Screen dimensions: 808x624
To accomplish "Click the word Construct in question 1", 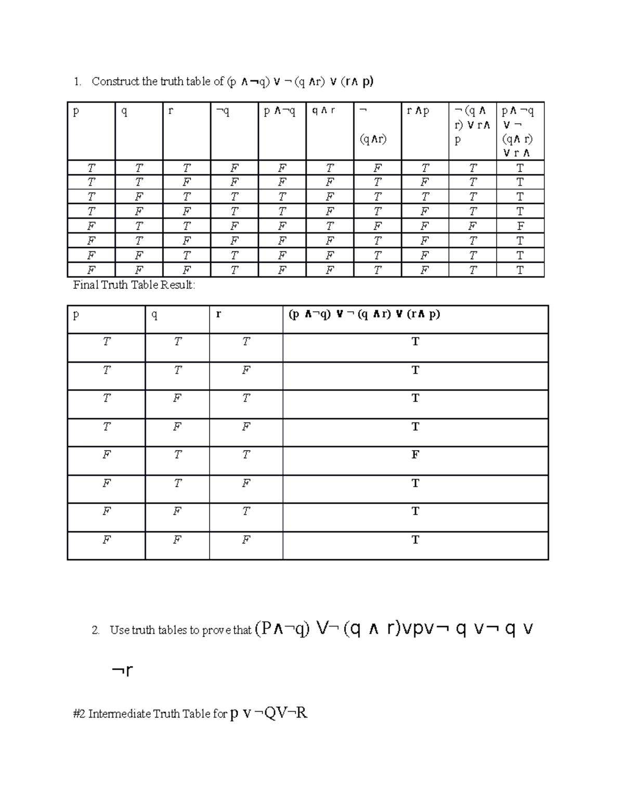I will coord(115,81).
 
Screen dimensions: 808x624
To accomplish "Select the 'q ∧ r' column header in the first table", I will coord(323,111).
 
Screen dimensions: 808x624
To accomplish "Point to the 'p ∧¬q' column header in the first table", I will coord(279,111).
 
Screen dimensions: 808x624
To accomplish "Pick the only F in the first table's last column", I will coord(520,226).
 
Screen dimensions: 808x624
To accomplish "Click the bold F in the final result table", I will coord(415,455).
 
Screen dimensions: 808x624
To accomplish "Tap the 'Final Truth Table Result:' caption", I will coord(134,285).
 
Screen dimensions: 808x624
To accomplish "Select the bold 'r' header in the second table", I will coord(218,314).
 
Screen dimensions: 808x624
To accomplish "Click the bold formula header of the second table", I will coord(364,314).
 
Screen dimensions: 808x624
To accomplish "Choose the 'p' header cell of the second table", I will coord(76,315).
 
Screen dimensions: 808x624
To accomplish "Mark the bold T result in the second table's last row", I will coord(415,540).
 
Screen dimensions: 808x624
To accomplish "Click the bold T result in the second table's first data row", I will coord(415,342).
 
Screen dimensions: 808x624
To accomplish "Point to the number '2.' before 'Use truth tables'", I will coord(96,631).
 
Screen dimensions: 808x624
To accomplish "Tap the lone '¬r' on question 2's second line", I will coord(122,671).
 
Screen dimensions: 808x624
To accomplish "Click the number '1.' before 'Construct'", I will coord(77,82).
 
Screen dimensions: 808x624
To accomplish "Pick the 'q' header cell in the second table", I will coord(154,315).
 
